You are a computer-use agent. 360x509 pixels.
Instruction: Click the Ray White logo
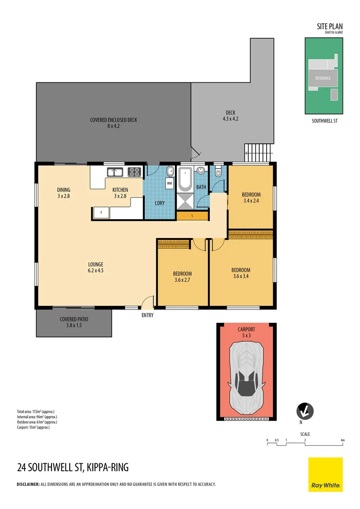pyautogui.click(x=326, y=474)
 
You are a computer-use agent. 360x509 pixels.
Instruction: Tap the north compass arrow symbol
pyautogui.click(x=304, y=411)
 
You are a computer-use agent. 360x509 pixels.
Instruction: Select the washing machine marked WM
pyautogui.click(x=169, y=182)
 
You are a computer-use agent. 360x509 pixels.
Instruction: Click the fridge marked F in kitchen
pyautogui.click(x=100, y=213)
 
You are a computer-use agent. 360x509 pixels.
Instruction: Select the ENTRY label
pyautogui.click(x=147, y=315)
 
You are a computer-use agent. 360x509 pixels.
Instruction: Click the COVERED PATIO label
pyautogui.click(x=74, y=319)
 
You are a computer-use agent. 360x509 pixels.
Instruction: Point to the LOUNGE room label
pyautogui.click(x=95, y=264)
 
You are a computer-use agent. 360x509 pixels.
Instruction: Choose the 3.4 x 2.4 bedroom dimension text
pyautogui.click(x=251, y=201)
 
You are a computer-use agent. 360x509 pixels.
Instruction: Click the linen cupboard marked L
pyautogui.click(x=192, y=215)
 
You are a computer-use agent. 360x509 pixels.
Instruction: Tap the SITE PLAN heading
pyautogui.click(x=330, y=27)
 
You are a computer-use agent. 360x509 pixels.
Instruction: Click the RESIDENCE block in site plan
pyautogui.click(x=323, y=78)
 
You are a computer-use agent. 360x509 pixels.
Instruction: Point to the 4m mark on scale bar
pyautogui.click(x=343, y=440)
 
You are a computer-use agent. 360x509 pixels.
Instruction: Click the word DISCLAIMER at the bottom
pyautogui.click(x=27, y=484)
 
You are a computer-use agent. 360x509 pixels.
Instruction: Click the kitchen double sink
pyautogui.click(x=114, y=172)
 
